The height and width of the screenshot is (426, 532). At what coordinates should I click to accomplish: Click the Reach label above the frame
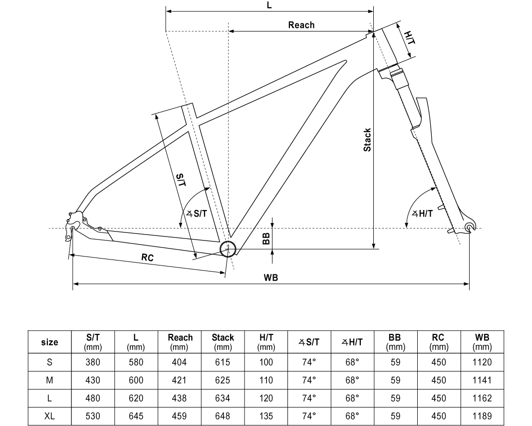pyautogui.click(x=301, y=25)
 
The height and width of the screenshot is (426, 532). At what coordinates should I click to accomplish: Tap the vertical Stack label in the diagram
pyautogui.click(x=367, y=140)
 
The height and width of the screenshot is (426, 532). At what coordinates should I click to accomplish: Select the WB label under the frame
pyautogui.click(x=270, y=277)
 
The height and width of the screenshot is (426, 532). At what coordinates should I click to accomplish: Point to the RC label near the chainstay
pyautogui.click(x=147, y=257)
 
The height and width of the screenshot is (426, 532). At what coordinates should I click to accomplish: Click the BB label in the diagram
pyautogui.click(x=266, y=238)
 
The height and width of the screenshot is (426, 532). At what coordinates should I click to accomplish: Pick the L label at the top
pyautogui.click(x=269, y=5)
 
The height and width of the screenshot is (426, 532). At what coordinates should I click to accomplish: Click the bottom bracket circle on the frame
pyautogui.click(x=228, y=248)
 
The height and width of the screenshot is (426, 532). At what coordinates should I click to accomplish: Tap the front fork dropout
pyautogui.click(x=469, y=228)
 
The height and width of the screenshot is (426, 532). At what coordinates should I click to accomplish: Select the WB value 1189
pyautogui.click(x=482, y=415)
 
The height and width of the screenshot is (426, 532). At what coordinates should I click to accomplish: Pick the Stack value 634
pyautogui.click(x=223, y=398)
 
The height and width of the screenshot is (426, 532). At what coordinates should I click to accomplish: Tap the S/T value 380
pyautogui.click(x=93, y=362)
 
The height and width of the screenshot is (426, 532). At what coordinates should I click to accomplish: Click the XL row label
pyautogui.click(x=49, y=415)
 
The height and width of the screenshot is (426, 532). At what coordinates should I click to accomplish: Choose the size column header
pyautogui.click(x=49, y=342)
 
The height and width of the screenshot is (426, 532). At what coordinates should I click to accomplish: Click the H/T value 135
pyautogui.click(x=266, y=415)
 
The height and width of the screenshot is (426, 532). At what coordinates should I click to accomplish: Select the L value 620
pyautogui.click(x=136, y=398)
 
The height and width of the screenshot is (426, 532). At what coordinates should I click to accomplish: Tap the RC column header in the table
pyautogui.click(x=438, y=341)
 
